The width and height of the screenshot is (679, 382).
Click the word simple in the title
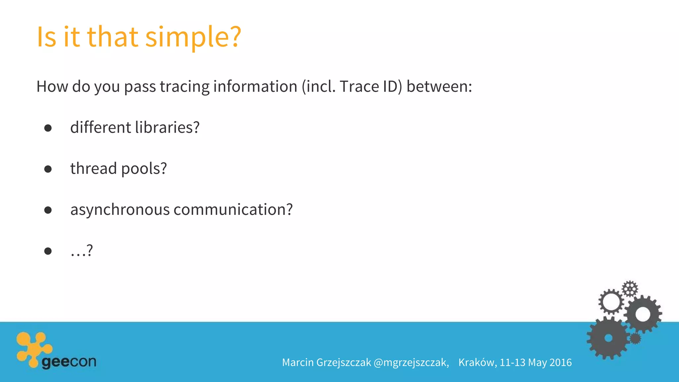193,37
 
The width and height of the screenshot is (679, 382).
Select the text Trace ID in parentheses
368,87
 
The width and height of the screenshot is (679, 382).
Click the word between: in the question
439,87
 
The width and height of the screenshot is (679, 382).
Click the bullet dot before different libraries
48,128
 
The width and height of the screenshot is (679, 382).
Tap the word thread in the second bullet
93,168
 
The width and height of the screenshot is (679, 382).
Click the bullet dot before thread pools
48,169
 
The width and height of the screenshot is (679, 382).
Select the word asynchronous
120,210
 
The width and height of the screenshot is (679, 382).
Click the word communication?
233,210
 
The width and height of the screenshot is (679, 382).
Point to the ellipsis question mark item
82,251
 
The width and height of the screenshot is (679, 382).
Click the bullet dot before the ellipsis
48,251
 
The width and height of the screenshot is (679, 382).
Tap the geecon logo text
69,362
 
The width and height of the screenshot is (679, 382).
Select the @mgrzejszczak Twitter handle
411,362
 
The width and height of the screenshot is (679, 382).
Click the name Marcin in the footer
298,362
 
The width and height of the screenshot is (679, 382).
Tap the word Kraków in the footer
477,362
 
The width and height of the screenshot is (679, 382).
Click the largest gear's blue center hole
608,338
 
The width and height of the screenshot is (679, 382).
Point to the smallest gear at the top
630,288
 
